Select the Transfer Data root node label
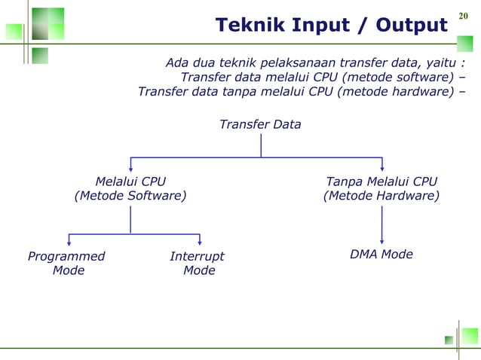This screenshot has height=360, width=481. pos(260,124)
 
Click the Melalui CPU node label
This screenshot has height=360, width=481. pos(130,181)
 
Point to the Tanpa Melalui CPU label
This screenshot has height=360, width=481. pos(381,181)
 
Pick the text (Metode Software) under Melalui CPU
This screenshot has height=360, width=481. pos(130,196)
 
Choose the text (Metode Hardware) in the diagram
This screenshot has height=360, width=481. pos(381,196)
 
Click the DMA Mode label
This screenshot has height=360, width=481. pos(381,255)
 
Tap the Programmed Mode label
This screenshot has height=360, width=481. pos(67,263)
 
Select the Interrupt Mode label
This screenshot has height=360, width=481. pos(198,263)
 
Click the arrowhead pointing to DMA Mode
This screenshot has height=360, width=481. pos(382,241)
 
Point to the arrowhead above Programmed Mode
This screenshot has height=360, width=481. pos(69,243)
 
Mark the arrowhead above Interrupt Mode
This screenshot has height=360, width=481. pos(199,243)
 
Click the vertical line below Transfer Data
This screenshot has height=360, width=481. pos(261,145)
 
